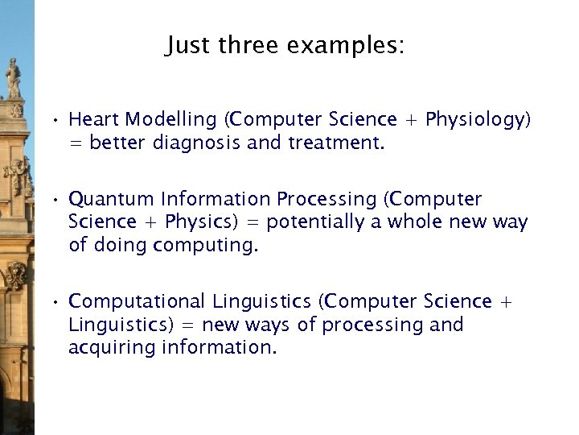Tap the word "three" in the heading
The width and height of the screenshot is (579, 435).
pos(245,45)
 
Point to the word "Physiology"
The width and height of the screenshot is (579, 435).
pos(478,120)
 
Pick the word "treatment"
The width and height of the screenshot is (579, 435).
pos(336,144)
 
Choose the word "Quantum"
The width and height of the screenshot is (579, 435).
pos(112,199)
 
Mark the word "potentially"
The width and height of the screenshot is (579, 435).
pos(315,222)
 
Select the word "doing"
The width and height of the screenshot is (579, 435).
pos(120,246)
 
